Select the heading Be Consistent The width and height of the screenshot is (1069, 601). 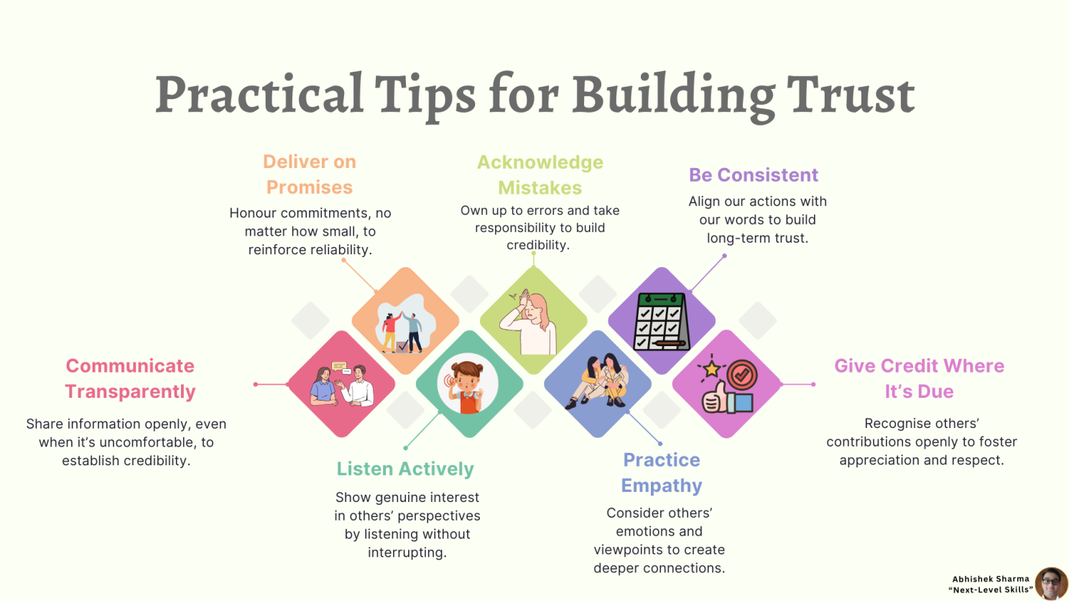coord(754,175)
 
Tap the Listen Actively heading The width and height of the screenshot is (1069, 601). coord(405,469)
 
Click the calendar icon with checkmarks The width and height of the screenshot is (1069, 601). coord(662,322)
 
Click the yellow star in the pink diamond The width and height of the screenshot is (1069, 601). coord(711,368)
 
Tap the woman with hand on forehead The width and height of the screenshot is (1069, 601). coord(529,322)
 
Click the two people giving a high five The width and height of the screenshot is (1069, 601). coord(402,331)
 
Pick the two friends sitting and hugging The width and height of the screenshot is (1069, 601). coord(598,381)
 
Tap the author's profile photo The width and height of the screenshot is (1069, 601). coord(1050,583)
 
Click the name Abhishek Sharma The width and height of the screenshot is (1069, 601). coord(991,579)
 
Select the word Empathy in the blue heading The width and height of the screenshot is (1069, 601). coord(662,485)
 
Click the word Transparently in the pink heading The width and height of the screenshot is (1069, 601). coord(130,391)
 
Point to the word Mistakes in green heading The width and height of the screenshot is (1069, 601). coord(540,188)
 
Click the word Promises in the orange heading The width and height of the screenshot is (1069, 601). coord(309,187)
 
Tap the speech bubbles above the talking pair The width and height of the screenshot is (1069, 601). coord(341,368)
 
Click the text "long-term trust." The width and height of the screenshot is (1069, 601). coord(757,238)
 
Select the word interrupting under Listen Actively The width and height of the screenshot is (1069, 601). coord(407,552)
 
